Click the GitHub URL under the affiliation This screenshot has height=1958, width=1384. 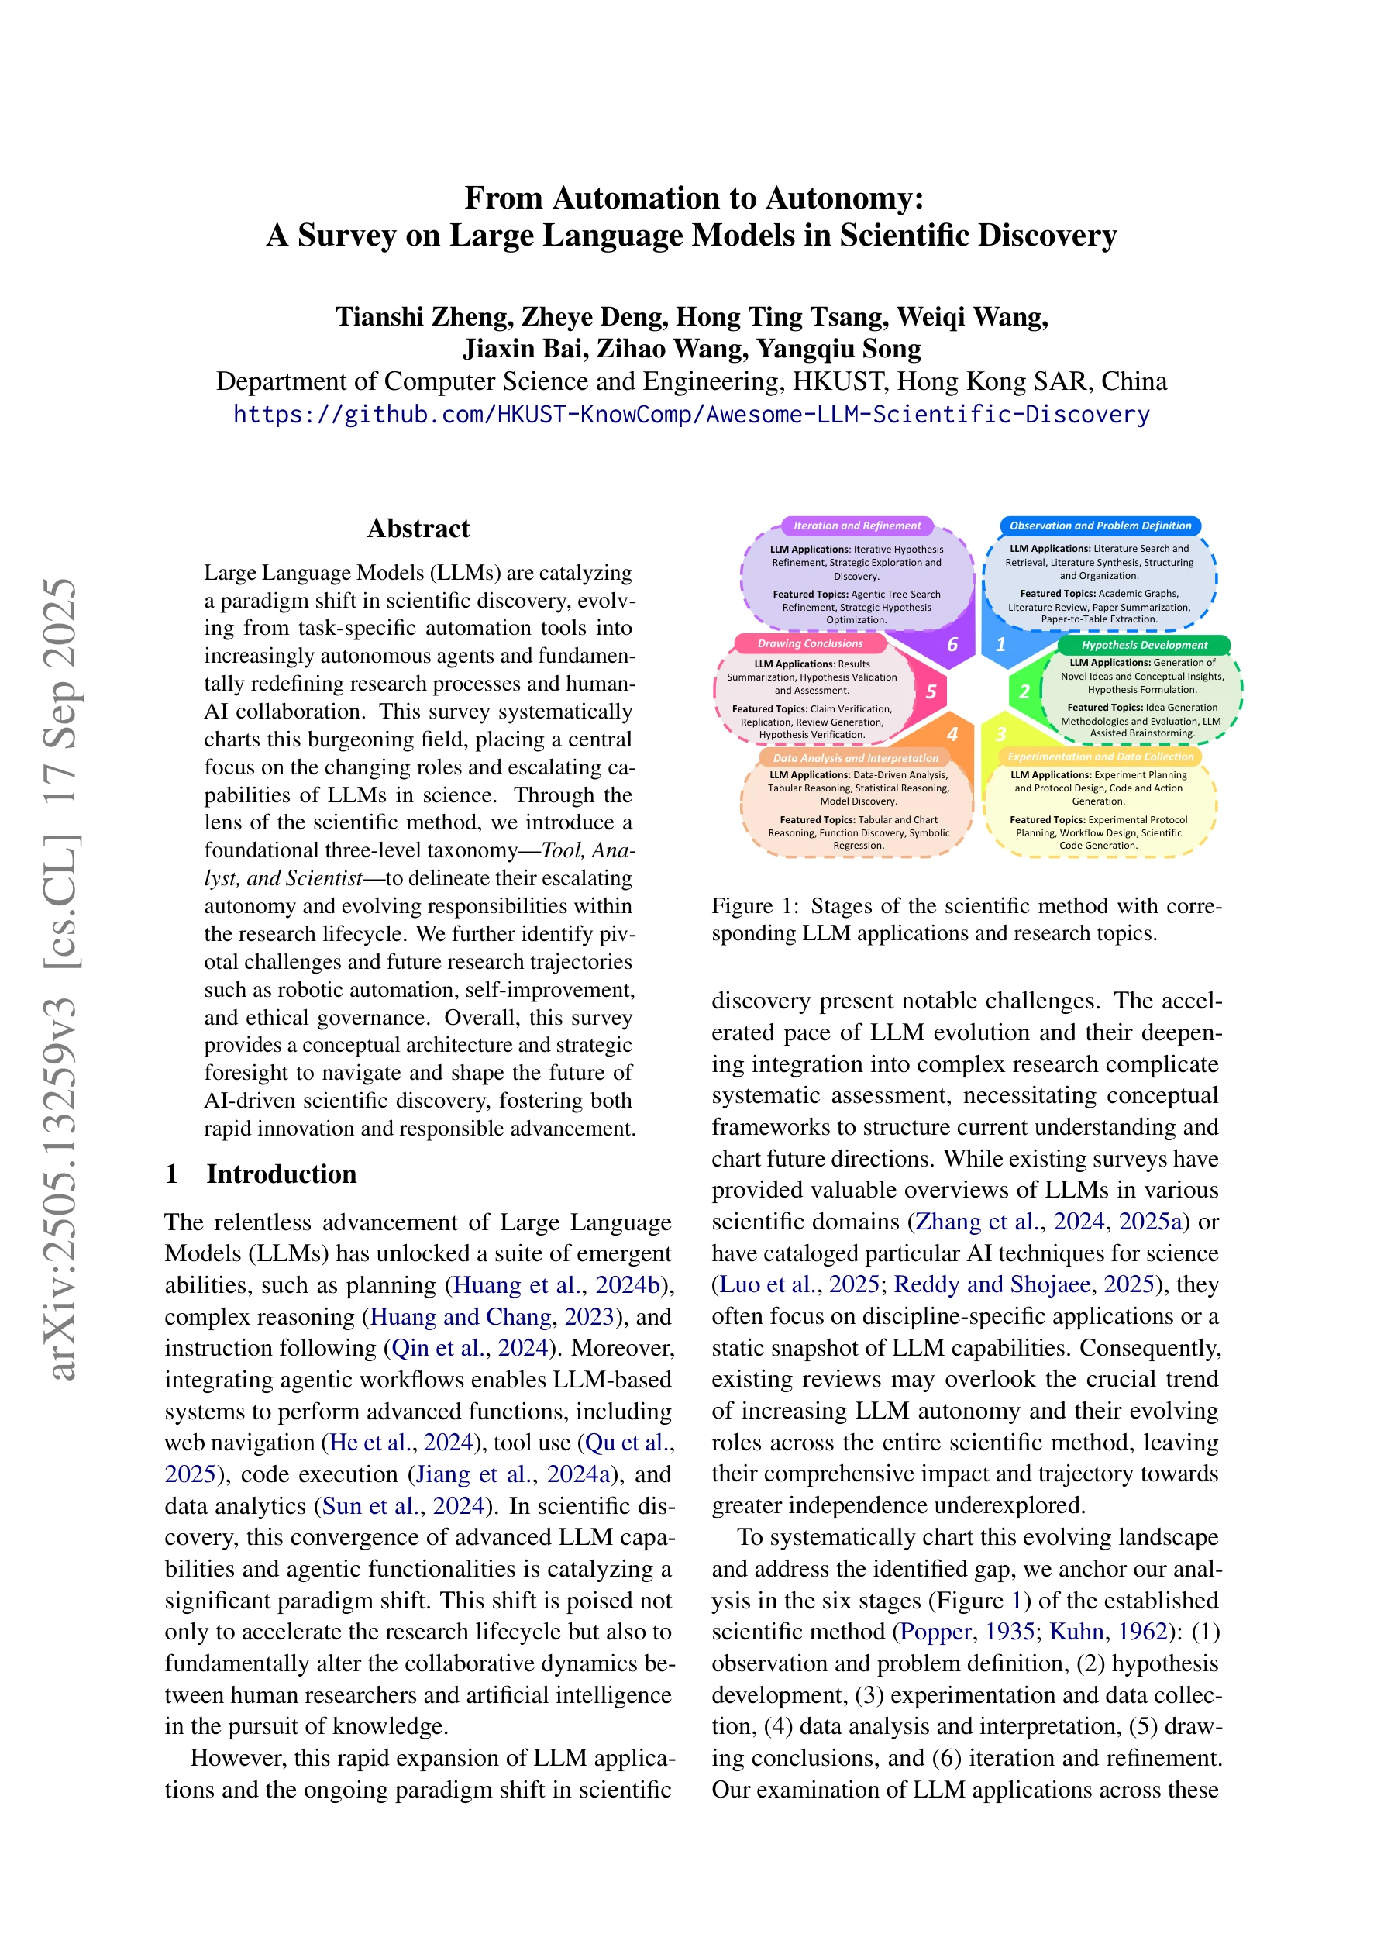click(x=691, y=415)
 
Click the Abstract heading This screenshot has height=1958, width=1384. click(x=418, y=529)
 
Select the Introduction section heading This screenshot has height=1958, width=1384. click(x=281, y=1174)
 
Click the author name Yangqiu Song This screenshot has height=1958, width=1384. click(x=838, y=349)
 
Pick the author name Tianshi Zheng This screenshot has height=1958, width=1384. click(x=424, y=317)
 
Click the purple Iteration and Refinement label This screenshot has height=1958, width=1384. click(x=857, y=526)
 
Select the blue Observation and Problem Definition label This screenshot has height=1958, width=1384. click(x=1100, y=526)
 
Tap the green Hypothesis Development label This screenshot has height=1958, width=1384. click(x=1145, y=646)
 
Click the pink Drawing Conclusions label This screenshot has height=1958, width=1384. click(x=810, y=644)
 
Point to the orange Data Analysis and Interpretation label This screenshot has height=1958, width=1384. click(x=856, y=758)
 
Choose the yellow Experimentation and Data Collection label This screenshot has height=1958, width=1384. click(x=1100, y=757)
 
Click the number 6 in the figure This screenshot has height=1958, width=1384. click(x=952, y=645)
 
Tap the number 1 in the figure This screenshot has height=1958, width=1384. click(x=1001, y=645)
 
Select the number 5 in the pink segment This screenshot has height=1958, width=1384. click(x=931, y=691)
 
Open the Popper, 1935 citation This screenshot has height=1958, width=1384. click(x=960, y=1632)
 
